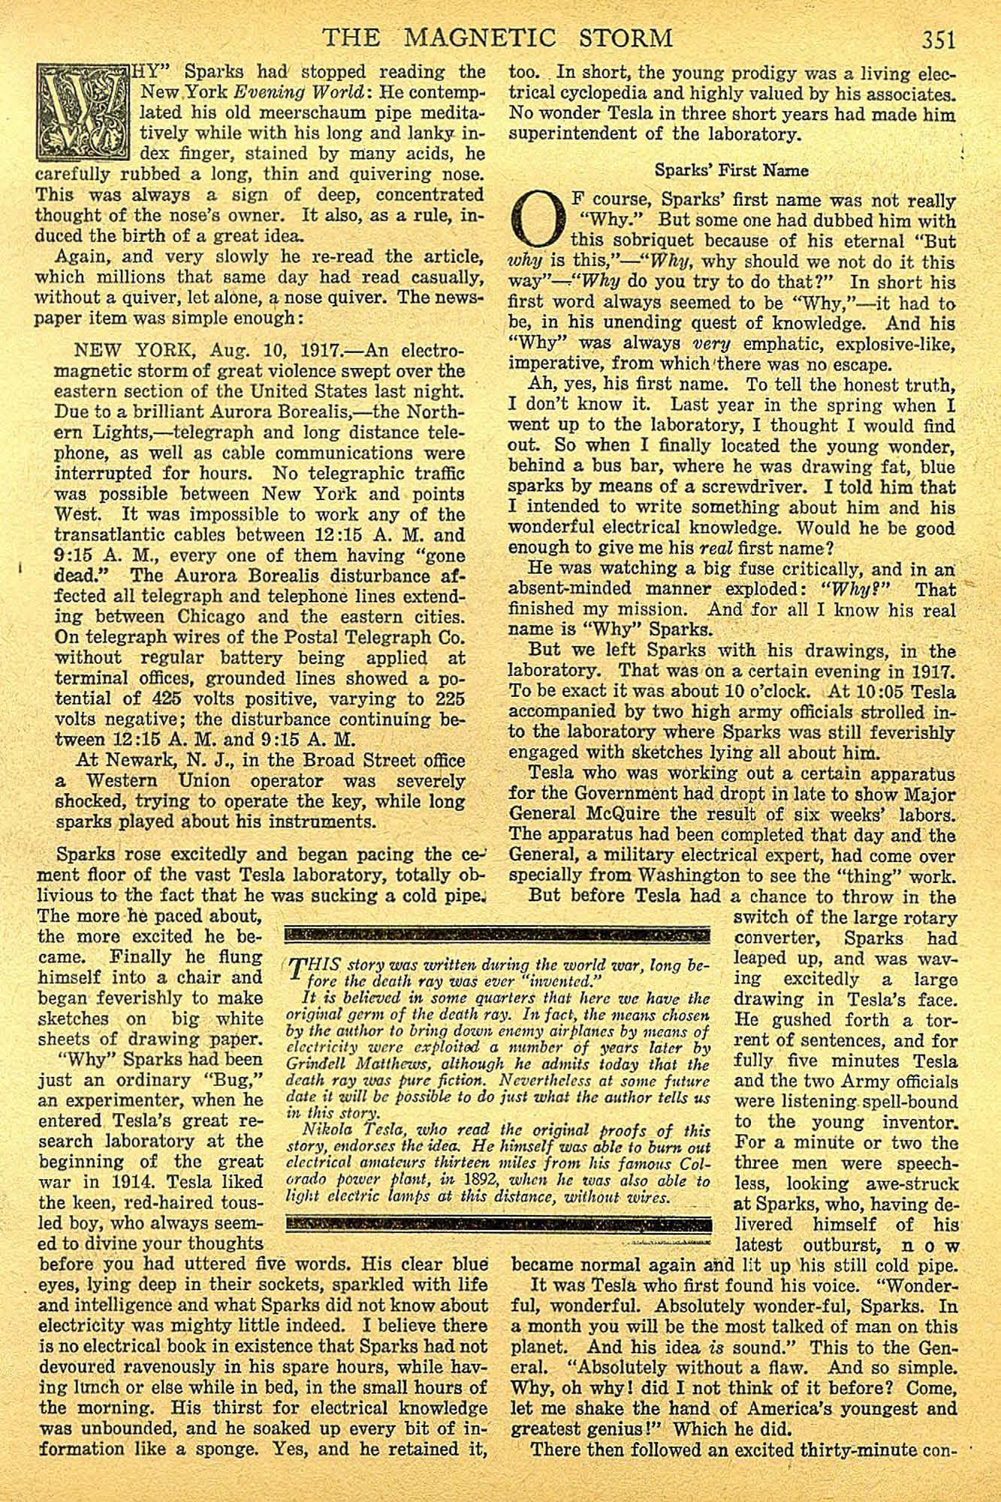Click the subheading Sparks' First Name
click(731, 170)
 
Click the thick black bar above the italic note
click(499, 935)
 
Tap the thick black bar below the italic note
click(499, 1223)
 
